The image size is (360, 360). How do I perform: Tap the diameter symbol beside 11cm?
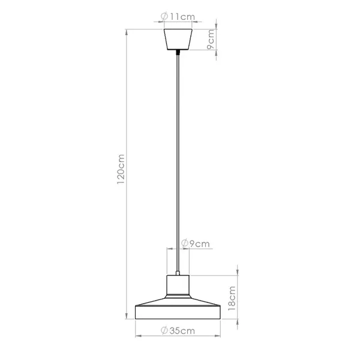[164, 17]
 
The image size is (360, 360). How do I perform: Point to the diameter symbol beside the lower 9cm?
[184, 244]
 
